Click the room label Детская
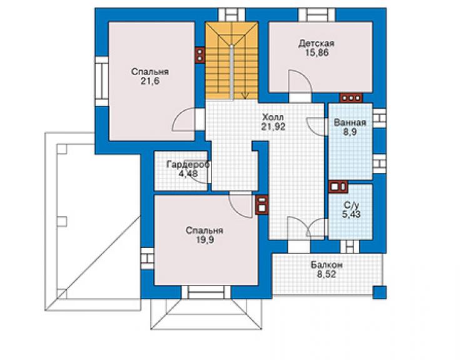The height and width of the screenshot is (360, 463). point(316,44)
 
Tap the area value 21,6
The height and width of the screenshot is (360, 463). point(150,81)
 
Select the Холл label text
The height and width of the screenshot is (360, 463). point(273,117)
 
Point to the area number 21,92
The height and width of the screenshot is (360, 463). point(273,126)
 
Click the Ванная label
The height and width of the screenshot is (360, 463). point(350,123)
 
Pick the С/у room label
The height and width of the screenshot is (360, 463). point(352,205)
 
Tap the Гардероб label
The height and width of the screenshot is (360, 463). point(188,164)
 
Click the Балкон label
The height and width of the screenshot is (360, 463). point(327,265)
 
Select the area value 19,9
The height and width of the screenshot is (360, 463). point(205,240)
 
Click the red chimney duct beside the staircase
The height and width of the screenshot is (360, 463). point(200,55)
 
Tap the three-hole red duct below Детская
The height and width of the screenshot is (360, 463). point(351,98)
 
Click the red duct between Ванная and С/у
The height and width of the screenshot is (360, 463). point(338,187)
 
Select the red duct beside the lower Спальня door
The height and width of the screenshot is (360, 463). point(262,205)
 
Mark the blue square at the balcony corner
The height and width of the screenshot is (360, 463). point(379,292)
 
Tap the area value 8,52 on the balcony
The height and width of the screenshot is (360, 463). point(327,274)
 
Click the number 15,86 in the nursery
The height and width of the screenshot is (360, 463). point(317,53)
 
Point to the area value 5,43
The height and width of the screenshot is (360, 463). point(352,214)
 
